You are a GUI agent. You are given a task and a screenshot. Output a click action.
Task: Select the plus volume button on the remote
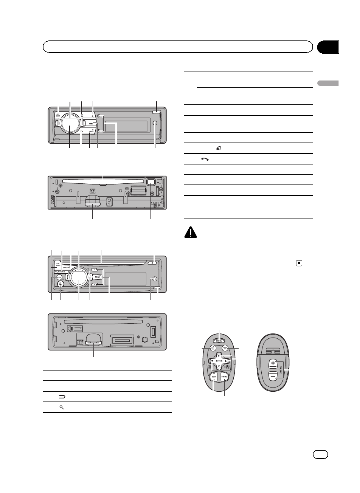pos(273,363)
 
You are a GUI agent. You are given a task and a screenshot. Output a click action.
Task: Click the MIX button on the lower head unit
pos(96,277)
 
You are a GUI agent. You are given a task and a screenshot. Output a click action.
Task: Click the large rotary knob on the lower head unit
pos(79,279)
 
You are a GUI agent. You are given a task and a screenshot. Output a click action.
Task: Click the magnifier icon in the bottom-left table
pos(61,407)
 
